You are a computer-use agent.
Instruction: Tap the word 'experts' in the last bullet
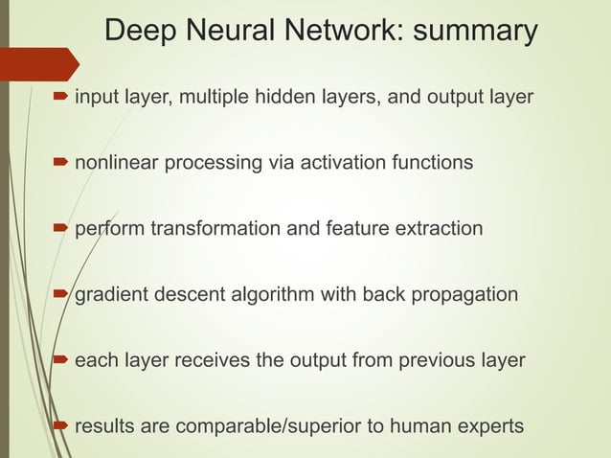tap(489, 425)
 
